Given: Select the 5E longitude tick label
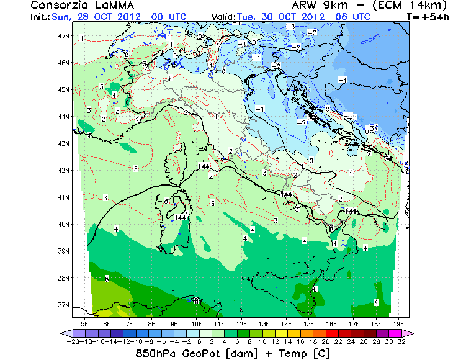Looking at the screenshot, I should click(x=85, y=323).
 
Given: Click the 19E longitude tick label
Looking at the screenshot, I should click(x=399, y=323).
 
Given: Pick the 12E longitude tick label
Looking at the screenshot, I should click(x=242, y=323).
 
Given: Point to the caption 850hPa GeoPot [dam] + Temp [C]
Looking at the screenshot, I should click(x=233, y=353).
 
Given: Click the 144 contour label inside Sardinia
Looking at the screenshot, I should click(x=181, y=217).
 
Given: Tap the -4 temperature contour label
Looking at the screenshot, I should click(x=342, y=79).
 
